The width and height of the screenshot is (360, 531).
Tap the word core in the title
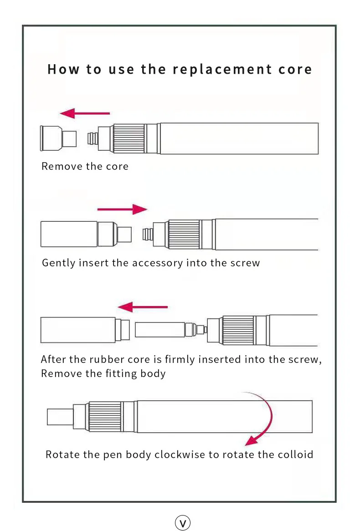tap(295, 70)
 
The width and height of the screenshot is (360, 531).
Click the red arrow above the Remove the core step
tap(85, 113)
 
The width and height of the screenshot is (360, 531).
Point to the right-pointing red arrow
tap(122, 209)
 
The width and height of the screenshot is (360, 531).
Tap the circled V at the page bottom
tap(183, 523)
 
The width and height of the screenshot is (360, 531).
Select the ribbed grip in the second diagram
tap(184, 234)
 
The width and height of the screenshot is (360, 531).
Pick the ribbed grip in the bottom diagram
tap(105, 416)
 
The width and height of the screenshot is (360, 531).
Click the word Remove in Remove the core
tap(57, 167)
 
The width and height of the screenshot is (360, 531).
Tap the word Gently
tap(58, 263)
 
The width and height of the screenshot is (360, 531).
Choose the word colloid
tap(296, 454)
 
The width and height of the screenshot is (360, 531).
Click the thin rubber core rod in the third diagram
tap(159, 330)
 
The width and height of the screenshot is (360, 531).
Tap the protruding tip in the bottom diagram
tap(60, 416)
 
